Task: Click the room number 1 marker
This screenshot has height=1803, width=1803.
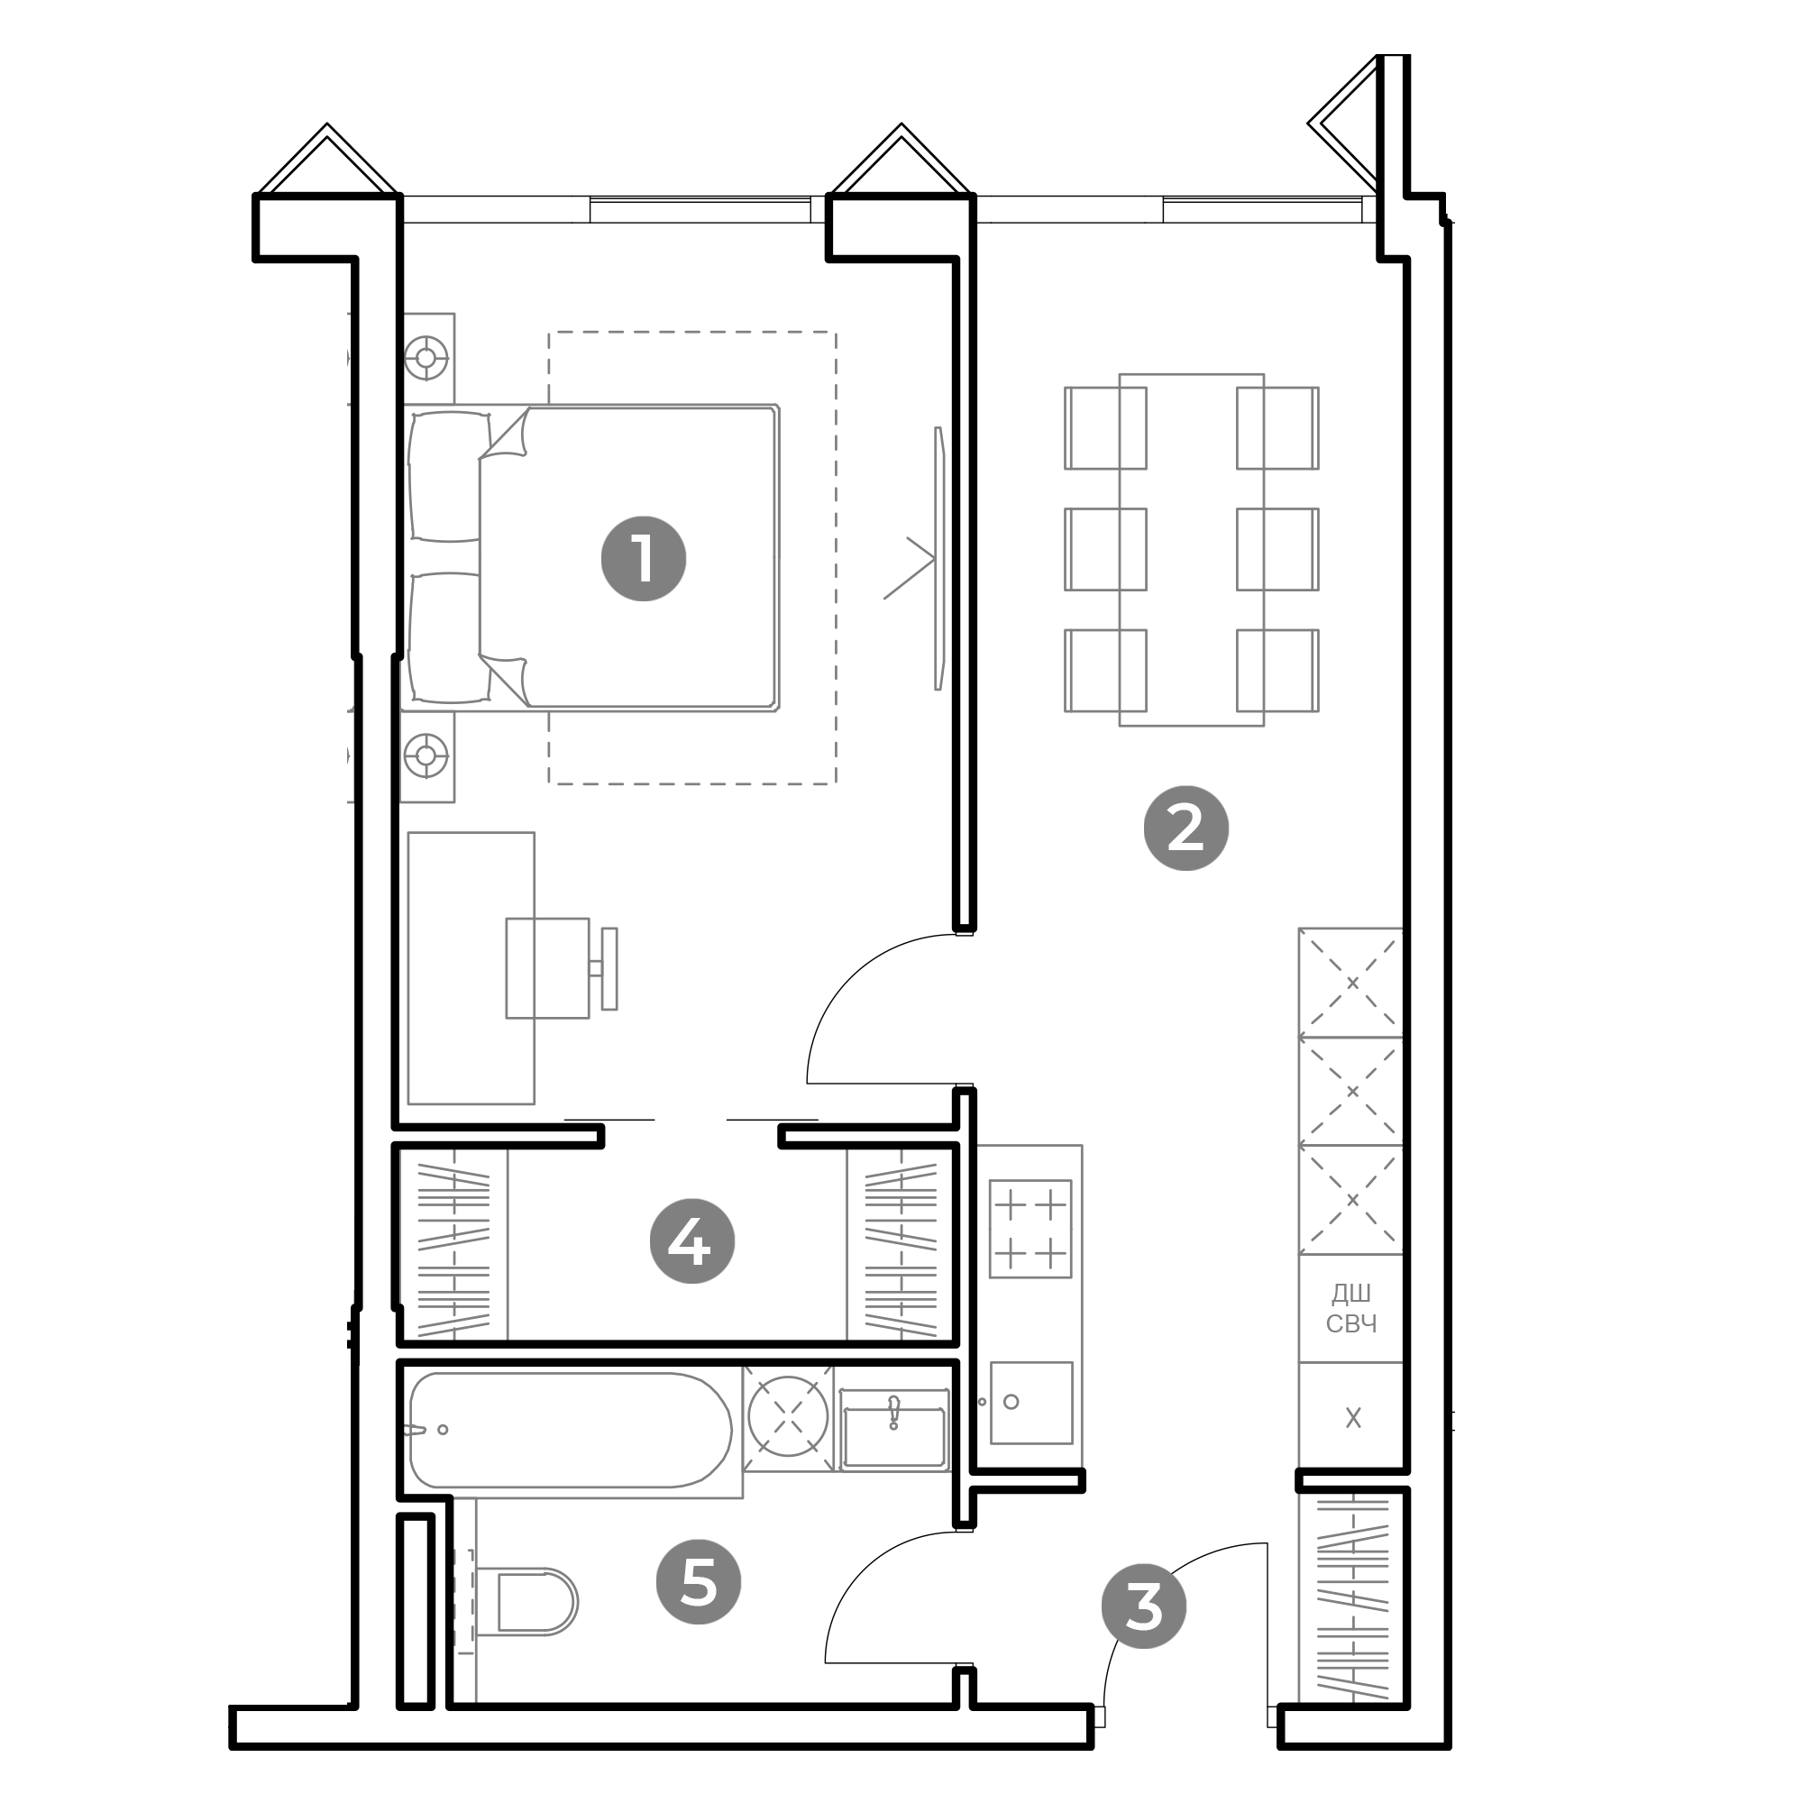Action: pos(643,559)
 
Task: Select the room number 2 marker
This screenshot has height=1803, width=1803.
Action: pos(1185,828)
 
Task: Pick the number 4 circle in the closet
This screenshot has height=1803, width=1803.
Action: pos(691,1241)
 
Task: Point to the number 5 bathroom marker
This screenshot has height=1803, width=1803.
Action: pos(698,1582)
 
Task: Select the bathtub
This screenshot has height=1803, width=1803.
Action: pos(571,1430)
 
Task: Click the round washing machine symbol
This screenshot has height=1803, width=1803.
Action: pos(789,1415)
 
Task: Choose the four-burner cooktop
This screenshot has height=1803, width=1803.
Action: pos(1030,1228)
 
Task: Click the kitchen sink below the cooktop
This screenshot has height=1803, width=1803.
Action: pos(1031,1403)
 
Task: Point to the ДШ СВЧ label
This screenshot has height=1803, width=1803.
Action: pos(1351,1307)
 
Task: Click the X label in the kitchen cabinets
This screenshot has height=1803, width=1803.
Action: pos(1353,1417)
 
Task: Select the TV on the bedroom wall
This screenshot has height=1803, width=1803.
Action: pos(938,558)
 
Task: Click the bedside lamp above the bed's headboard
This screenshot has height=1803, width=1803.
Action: pos(427,357)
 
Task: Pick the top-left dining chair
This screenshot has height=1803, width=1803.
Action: pos(1105,427)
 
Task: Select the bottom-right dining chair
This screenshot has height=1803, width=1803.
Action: pos(1277,670)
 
